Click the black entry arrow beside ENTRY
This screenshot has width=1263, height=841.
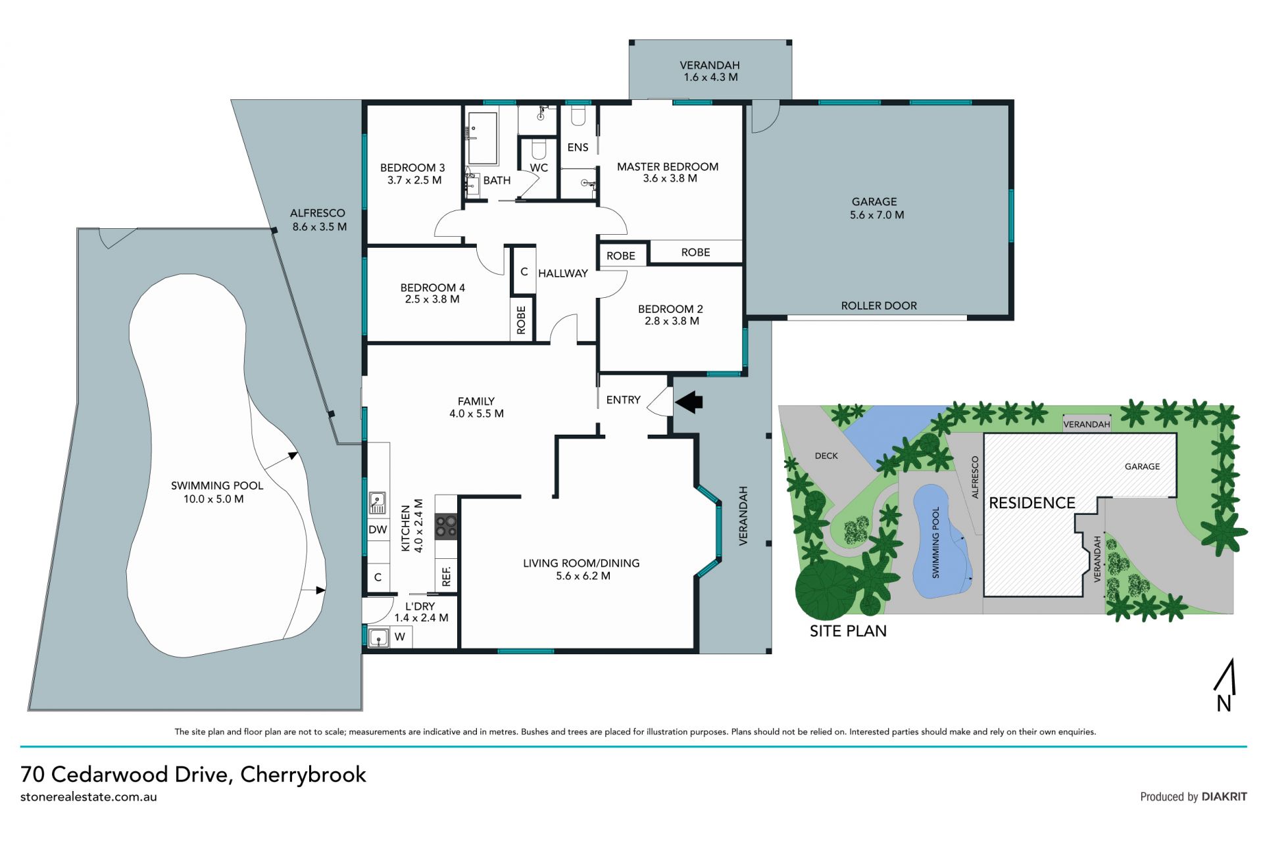(x=689, y=402)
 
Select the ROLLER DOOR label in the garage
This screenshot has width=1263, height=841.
(x=879, y=306)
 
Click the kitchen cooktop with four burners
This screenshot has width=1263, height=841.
(x=446, y=526)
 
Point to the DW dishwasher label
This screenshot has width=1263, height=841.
(x=378, y=529)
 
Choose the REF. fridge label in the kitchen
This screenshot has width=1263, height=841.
(x=447, y=576)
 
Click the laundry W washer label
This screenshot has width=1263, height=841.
(x=399, y=637)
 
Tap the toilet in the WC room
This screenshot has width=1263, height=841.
(x=539, y=149)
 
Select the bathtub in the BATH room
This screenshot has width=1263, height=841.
(x=482, y=138)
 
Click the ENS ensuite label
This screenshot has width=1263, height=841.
(x=578, y=147)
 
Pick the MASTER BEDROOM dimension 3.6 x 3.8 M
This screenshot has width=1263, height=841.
(x=670, y=178)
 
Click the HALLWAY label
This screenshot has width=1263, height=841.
(x=563, y=274)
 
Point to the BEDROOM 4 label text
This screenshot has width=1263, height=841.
(x=432, y=287)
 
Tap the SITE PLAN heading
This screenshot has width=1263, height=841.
(x=848, y=631)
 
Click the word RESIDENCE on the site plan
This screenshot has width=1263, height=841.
(x=1032, y=503)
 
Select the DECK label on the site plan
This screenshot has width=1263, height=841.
(x=826, y=456)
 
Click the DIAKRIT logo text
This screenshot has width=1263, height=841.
(x=1224, y=796)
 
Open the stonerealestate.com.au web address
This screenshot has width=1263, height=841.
(x=89, y=797)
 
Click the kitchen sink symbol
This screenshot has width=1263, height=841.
(x=377, y=502)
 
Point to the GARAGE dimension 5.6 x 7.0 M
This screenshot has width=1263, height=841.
(x=877, y=215)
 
